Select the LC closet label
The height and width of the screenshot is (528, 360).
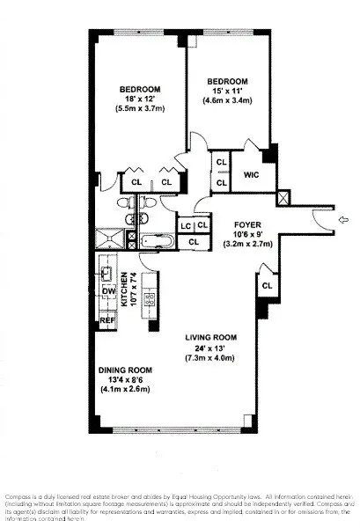pos(186,226)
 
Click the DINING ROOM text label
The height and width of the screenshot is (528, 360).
pos(129,369)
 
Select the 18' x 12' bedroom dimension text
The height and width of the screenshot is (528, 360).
pos(140,99)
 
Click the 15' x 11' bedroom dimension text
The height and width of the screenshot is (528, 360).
pos(228,92)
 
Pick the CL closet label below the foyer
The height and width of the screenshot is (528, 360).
pos(267,286)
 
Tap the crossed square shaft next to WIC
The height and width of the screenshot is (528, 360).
pos(283,198)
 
